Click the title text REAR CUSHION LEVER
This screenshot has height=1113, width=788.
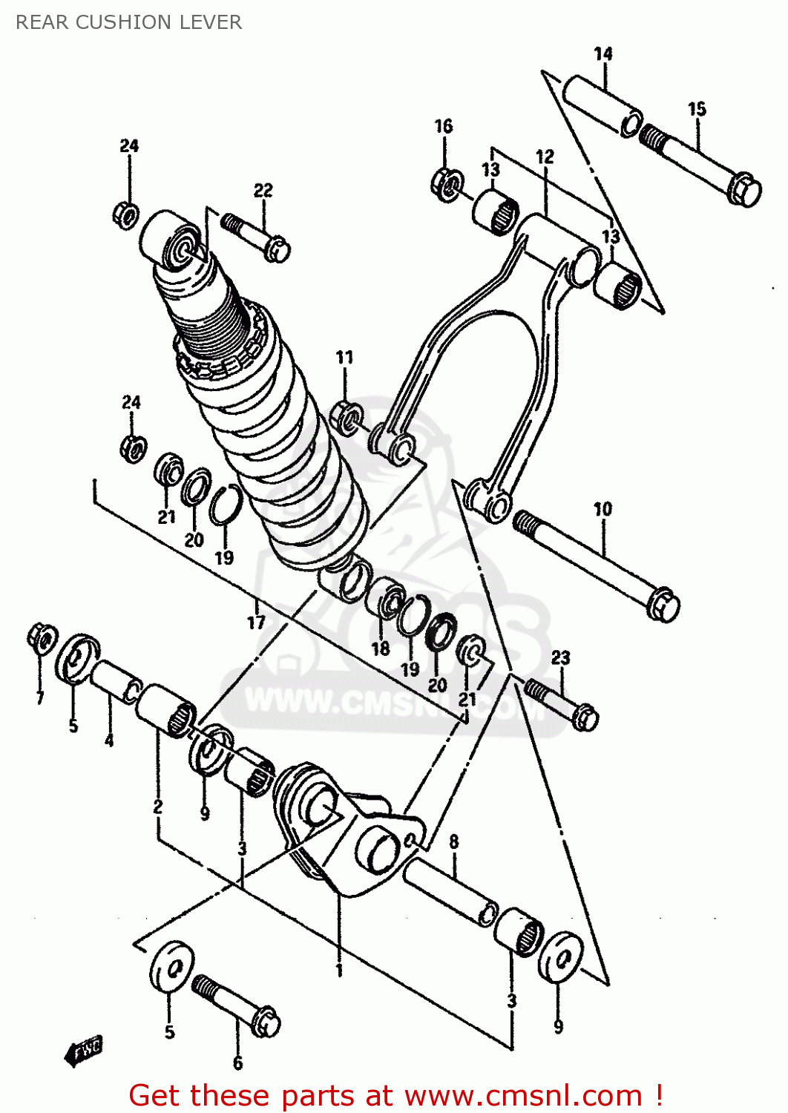click(128, 22)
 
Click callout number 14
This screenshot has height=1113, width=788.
click(603, 54)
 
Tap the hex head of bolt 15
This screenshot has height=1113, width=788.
click(744, 190)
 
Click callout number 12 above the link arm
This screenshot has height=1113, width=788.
click(545, 157)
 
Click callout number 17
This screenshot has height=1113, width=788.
click(256, 622)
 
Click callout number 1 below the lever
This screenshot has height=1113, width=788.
click(339, 971)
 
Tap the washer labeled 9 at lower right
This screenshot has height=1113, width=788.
click(559, 958)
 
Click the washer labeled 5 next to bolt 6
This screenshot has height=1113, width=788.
click(171, 965)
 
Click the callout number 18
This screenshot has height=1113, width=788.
click(380, 649)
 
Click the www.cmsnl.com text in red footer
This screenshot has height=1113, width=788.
click(522, 1096)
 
